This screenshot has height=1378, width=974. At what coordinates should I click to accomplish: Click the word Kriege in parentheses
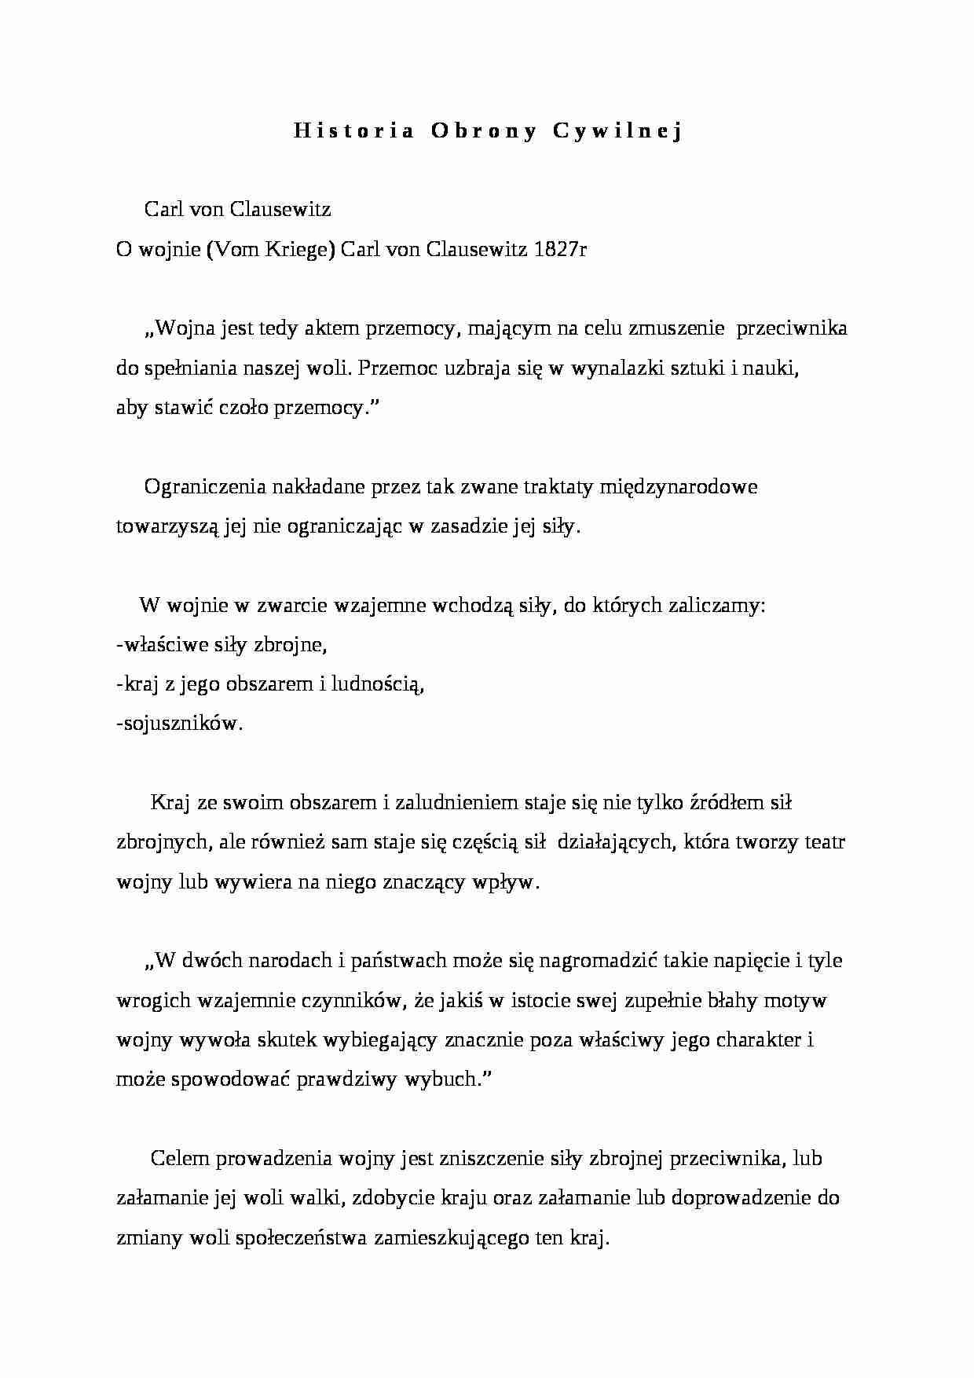click(x=301, y=249)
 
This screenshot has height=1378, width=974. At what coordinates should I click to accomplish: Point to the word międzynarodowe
click(x=678, y=486)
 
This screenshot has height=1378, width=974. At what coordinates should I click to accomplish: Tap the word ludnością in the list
click(x=378, y=684)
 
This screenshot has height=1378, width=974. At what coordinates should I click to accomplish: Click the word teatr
click(x=825, y=841)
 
